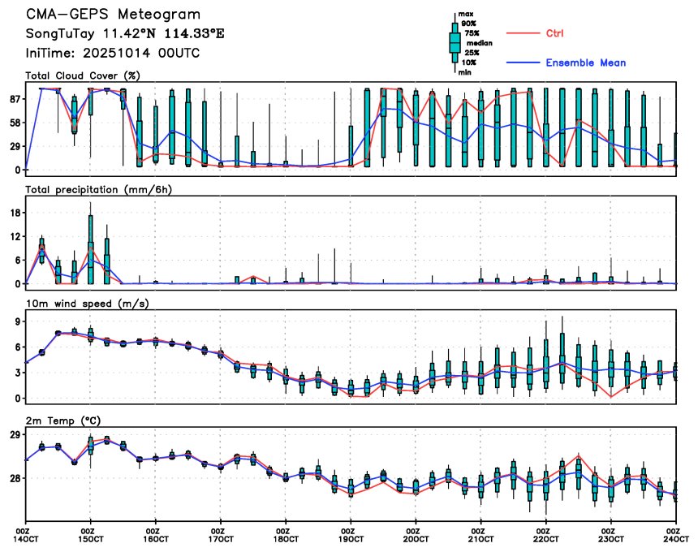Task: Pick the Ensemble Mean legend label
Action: pyautogui.click(x=585, y=63)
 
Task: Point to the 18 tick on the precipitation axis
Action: pyautogui.click(x=15, y=213)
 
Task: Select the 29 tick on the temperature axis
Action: pyautogui.click(x=15, y=436)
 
